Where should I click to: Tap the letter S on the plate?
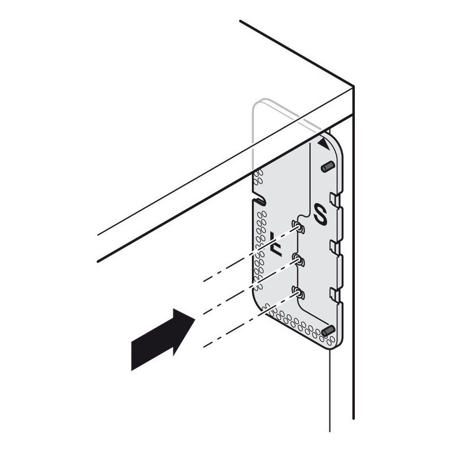tap(320, 214)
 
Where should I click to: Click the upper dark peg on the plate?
tap(328, 167)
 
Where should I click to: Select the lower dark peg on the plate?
tap(328, 331)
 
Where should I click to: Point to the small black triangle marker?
tap(324, 144)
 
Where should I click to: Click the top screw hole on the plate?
tap(298, 227)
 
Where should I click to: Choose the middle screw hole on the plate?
tap(298, 260)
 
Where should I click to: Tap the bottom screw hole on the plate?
tap(298, 293)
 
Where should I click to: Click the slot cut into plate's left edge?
tap(259, 202)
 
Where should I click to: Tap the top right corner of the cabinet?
tap(354, 86)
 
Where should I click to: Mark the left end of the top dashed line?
tap(204, 281)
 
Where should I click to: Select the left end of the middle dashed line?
tap(204, 314)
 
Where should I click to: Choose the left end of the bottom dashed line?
tap(204, 347)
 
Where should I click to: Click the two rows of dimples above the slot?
tap(258, 177)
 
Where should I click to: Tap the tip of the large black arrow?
tap(195, 319)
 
